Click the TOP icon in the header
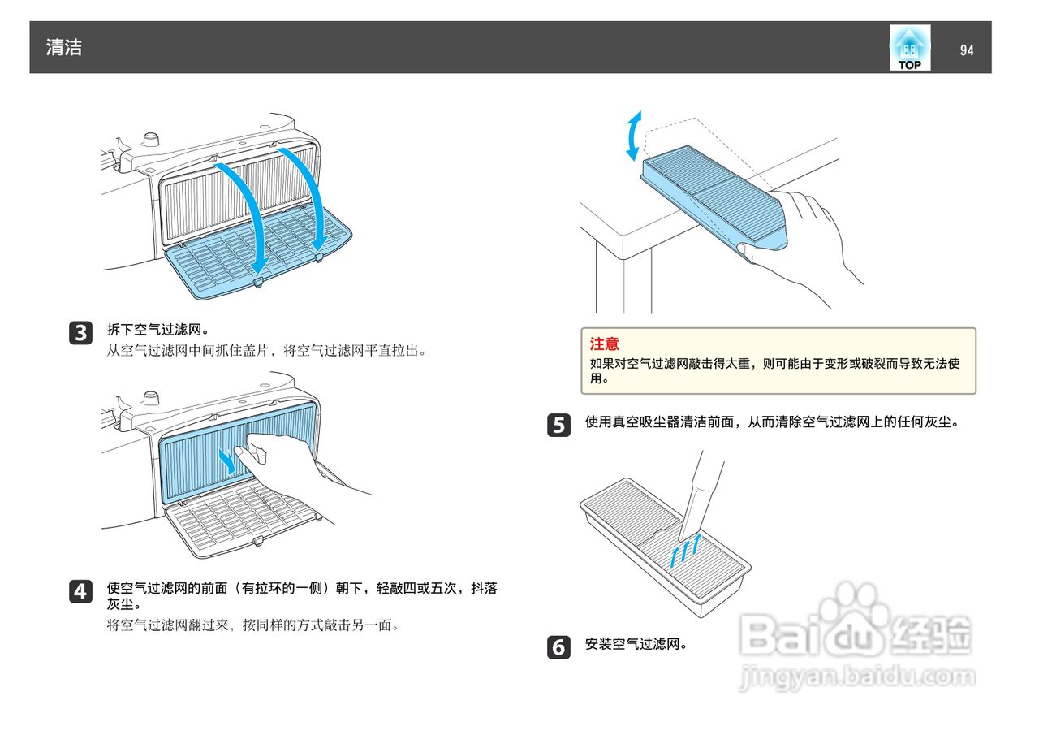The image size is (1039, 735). (910, 49)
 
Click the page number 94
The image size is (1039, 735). (966, 50)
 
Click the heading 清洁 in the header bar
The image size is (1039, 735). (64, 47)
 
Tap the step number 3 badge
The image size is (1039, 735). (80, 332)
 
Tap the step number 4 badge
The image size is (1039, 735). (80, 591)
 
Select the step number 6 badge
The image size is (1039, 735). (558, 647)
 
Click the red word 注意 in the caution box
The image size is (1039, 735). (604, 344)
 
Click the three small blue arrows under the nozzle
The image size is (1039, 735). (683, 549)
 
